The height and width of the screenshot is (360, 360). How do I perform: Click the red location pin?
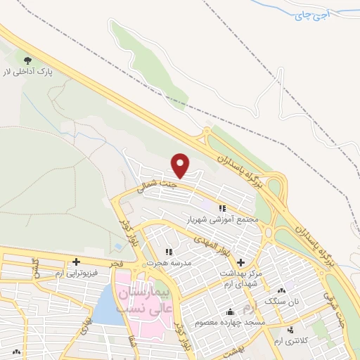181,164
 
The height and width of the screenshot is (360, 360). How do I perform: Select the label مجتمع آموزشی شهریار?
223,219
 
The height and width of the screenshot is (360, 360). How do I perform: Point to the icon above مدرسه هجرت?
168,251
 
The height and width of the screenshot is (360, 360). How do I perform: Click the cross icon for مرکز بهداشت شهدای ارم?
240,262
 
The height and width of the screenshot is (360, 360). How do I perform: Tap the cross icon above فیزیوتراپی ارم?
75,262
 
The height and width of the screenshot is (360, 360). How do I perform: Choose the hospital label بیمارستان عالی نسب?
141,300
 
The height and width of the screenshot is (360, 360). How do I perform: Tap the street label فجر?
116,262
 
